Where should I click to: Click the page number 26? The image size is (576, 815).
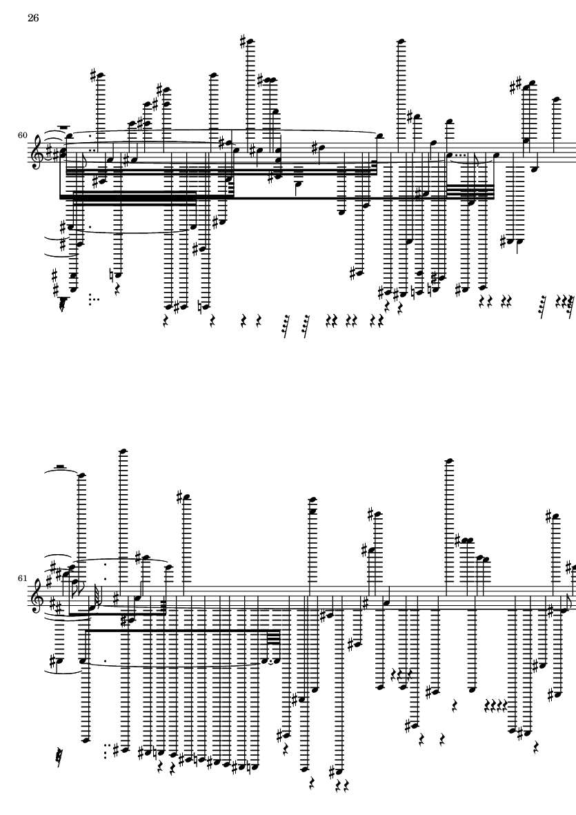[33, 18]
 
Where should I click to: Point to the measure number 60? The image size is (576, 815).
[22, 135]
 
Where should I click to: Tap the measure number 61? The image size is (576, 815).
[22, 578]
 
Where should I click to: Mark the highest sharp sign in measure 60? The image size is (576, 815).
[243, 41]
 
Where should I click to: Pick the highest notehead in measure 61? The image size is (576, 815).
[123, 451]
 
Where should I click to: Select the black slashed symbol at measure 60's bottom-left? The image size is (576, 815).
[64, 304]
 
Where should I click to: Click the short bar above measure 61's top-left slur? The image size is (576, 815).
[60, 467]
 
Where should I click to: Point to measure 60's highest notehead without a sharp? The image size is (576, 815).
[401, 41]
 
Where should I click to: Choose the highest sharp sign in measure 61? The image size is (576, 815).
[180, 496]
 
